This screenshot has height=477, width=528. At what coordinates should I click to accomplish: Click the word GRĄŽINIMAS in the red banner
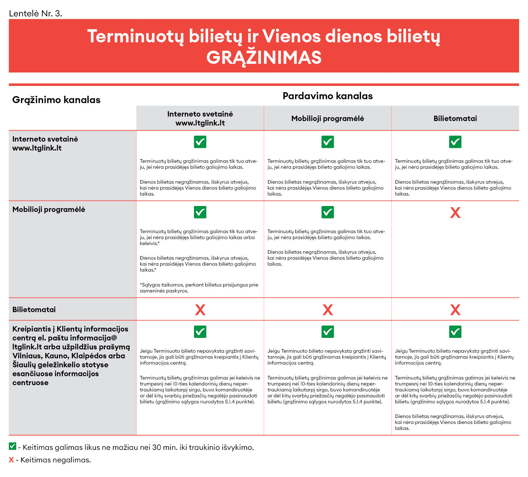click(x=264, y=58)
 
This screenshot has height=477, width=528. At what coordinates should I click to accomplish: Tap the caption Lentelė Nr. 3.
click(x=35, y=13)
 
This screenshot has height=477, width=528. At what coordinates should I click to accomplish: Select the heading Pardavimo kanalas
click(x=327, y=96)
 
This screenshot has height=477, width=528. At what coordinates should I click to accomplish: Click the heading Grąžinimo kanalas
click(x=56, y=100)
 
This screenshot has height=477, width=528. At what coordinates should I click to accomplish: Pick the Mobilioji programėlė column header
click(x=327, y=119)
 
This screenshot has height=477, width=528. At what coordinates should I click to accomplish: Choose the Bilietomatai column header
click(x=455, y=119)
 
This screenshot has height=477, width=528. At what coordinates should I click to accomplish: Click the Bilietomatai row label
click(x=34, y=310)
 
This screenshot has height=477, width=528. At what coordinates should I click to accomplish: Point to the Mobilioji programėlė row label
click(x=49, y=210)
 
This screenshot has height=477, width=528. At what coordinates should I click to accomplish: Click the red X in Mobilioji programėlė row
click(x=455, y=213)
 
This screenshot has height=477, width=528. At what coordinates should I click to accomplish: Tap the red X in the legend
click(x=11, y=460)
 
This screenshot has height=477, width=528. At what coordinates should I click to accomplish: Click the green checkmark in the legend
click(x=12, y=446)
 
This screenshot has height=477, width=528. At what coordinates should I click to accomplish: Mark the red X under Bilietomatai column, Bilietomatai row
click(x=455, y=310)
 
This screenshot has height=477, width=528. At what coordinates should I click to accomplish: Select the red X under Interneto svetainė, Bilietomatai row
click(x=200, y=310)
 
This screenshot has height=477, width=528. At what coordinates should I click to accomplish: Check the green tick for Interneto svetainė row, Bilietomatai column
click(x=455, y=142)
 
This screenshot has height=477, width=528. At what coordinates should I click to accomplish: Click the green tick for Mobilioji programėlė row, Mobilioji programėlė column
click(x=327, y=212)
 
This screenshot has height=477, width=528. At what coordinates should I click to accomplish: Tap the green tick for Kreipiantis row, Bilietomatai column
click(x=455, y=332)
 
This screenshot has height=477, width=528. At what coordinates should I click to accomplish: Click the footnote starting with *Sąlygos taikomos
click(x=199, y=288)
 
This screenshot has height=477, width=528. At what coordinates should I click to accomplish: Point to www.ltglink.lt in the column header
click(x=200, y=123)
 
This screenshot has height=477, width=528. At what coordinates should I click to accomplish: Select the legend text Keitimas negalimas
click(x=55, y=460)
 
